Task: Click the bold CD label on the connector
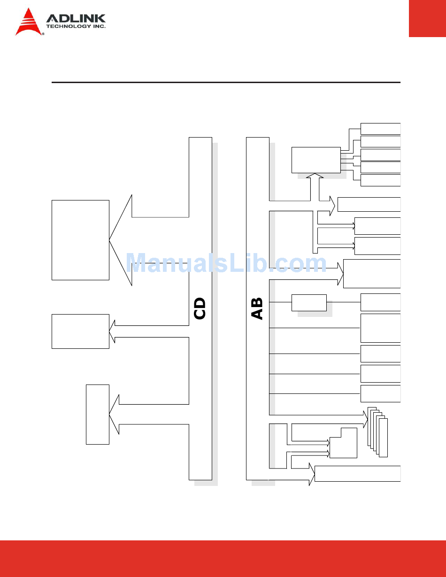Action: coord(200,308)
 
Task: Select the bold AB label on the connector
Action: coord(257,308)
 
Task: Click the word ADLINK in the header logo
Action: coord(76,19)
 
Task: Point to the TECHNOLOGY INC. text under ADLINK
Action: coord(76,27)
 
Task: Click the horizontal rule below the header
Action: coord(225,83)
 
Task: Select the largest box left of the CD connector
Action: coord(80,240)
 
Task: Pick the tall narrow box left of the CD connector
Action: coord(98,414)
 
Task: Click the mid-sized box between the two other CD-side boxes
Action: coord(80,331)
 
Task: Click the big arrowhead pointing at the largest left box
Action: coord(121,240)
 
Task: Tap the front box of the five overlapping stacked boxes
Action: coord(383,437)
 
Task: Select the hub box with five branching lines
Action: coord(316,160)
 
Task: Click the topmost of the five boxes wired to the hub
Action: coord(380,129)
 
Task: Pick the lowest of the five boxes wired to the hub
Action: coord(380,180)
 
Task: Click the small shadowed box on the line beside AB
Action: coord(309,303)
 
